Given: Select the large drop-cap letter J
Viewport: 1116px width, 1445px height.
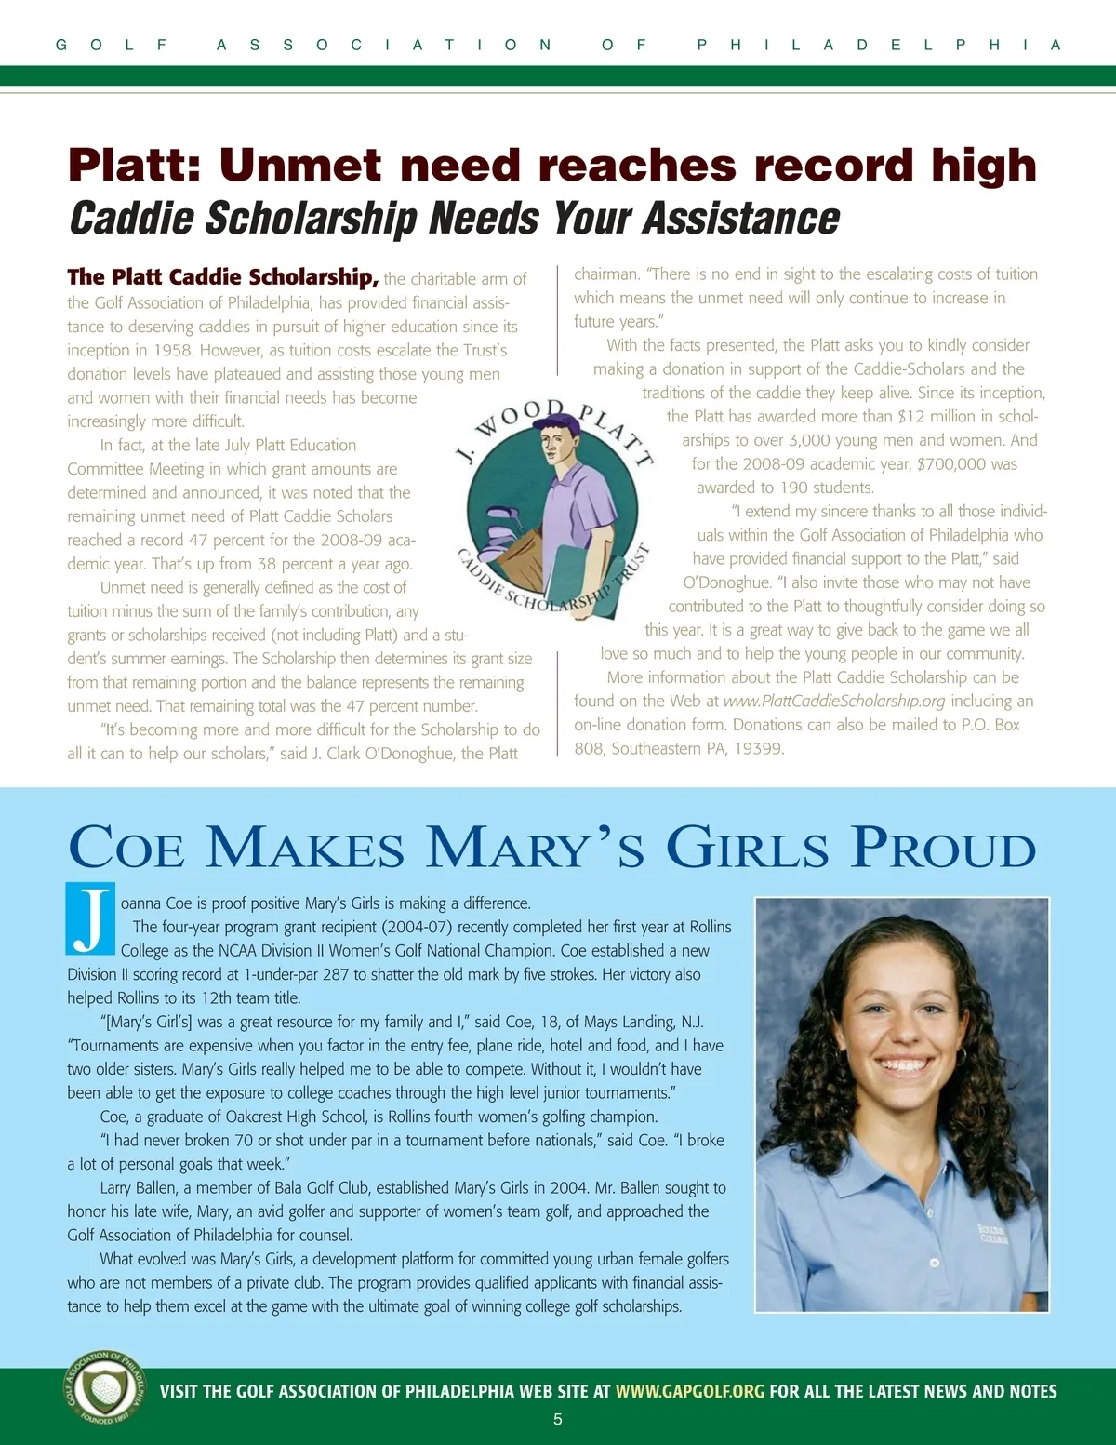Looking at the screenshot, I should [90, 918].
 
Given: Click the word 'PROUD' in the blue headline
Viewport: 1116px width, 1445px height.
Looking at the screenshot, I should [943, 849].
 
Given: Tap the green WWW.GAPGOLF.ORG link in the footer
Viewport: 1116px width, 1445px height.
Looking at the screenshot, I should [689, 1392].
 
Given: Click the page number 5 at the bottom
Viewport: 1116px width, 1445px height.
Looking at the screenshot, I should [558, 1420].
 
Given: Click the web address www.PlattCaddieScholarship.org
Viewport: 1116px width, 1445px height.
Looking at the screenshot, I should [833, 702].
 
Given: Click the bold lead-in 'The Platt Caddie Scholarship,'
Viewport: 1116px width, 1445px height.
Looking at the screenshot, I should [222, 277].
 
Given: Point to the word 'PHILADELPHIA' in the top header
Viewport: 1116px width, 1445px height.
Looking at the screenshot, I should [878, 45].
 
